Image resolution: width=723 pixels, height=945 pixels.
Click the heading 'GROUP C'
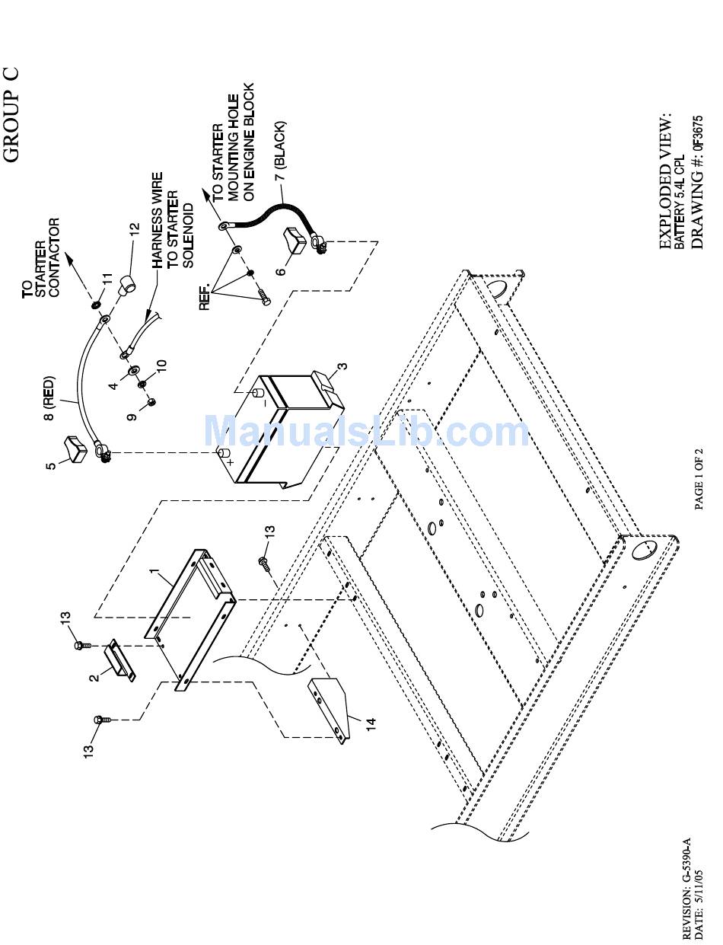[11, 114]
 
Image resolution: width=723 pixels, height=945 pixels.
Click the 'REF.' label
[205, 296]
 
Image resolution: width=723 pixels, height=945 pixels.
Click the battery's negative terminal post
[258, 393]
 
